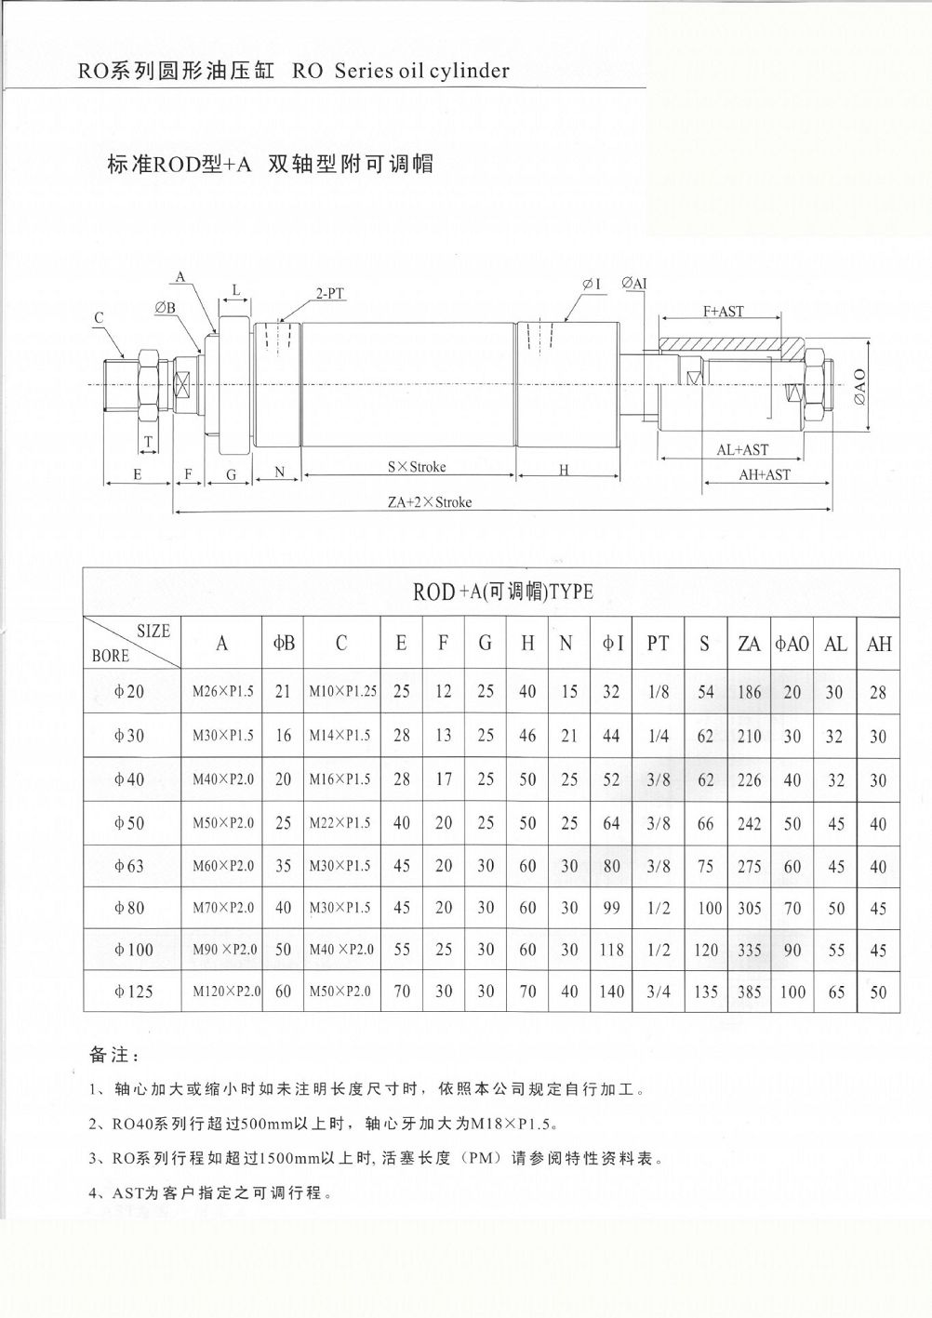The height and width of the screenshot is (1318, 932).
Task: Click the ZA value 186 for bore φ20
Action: (749, 691)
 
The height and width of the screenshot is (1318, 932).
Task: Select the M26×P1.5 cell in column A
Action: (222, 691)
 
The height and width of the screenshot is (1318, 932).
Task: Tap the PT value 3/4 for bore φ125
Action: (658, 992)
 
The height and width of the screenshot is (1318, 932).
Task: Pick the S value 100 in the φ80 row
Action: (709, 908)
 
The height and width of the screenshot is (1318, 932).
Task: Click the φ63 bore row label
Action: (129, 866)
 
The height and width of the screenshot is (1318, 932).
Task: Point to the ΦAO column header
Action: (792, 643)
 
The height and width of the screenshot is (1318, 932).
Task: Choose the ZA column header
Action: (749, 643)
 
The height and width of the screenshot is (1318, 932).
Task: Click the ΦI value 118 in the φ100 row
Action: (610, 950)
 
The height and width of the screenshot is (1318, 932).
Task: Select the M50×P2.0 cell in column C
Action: (340, 992)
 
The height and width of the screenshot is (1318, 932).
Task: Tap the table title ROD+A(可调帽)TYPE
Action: (502, 592)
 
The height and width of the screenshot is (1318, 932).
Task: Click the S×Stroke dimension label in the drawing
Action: (416, 467)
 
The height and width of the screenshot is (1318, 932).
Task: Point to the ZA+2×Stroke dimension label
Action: (430, 502)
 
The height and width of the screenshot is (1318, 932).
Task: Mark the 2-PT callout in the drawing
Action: (330, 294)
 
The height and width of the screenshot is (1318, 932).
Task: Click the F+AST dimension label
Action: (723, 312)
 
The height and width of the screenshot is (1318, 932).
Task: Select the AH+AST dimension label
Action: (765, 474)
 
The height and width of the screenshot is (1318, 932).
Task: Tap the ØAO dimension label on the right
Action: (859, 385)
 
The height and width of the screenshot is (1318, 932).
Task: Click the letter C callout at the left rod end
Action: (99, 318)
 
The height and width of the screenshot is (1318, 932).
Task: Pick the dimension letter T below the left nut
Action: (148, 441)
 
